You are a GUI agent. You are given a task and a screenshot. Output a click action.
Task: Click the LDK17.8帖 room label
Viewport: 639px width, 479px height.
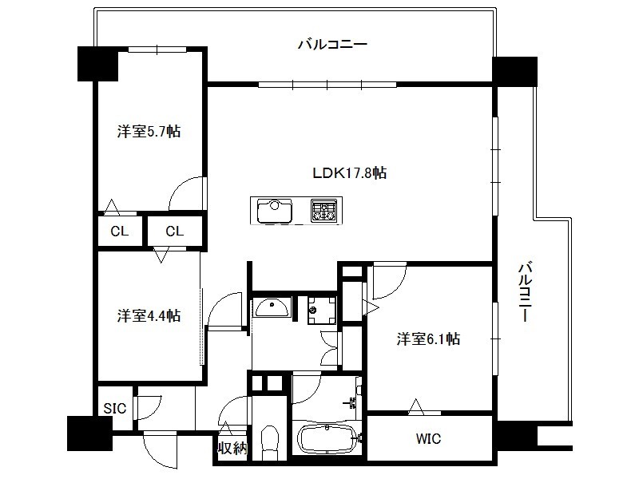coord(349,173)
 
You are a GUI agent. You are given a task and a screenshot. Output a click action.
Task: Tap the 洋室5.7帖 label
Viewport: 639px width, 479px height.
coord(149,131)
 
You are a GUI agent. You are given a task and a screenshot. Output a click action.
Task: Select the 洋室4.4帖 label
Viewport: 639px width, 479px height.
coord(149,315)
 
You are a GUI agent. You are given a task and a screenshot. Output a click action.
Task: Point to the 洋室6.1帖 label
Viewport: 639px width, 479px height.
coord(428,338)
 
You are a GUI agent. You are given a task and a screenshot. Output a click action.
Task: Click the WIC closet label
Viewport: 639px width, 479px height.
coord(428,438)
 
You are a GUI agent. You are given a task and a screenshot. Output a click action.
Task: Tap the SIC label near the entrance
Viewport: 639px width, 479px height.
coord(114,408)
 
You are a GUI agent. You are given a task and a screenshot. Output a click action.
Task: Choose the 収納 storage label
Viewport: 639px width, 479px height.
coord(232,448)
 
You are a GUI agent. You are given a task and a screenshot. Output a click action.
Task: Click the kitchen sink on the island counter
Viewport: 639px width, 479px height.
coord(275,210)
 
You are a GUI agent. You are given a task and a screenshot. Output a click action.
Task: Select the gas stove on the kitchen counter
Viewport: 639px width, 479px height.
coord(324,210)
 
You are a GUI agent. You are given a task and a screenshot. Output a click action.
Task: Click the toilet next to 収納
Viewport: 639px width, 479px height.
coord(269,442)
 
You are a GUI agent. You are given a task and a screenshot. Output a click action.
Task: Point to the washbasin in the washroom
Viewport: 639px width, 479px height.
coord(272,308)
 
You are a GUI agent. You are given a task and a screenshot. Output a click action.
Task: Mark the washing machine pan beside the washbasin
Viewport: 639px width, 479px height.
coord(322,311)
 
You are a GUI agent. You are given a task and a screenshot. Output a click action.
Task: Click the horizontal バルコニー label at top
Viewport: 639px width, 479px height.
coord(332,44)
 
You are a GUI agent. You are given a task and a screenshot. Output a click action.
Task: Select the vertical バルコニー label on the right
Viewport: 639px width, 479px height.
coord(526,292)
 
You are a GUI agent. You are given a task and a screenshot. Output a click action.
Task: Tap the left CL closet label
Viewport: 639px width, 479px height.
coord(119,232)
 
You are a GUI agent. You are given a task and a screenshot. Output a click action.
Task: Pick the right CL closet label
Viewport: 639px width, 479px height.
coord(175,232)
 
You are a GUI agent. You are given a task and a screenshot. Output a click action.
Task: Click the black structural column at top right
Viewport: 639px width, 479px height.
coord(514,71)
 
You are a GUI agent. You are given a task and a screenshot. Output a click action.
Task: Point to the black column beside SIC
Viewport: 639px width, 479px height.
coord(89,433)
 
